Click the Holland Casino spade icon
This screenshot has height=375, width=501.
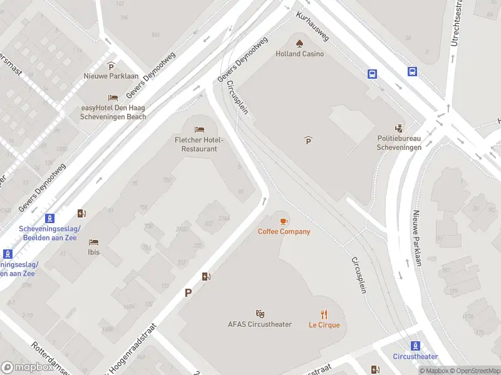coord(299,43)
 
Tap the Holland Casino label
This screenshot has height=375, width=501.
coord(300,54)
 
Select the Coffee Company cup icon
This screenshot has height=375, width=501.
coord(284,221)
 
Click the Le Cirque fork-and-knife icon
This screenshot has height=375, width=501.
coord(324,314)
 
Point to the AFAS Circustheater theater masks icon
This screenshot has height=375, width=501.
coord(260,314)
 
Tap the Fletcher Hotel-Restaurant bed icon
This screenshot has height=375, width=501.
coord(199,129)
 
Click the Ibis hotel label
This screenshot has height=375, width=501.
coord(94,252)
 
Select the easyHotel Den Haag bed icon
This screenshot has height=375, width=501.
coord(113,97)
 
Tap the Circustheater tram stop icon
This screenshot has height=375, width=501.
coord(415,346)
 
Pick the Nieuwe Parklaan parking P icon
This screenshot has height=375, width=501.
coord(111,66)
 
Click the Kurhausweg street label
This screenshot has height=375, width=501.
coord(312,26)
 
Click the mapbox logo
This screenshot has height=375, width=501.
coord(28,367)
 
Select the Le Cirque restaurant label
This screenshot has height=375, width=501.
coord(324,325)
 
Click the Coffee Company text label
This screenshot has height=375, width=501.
coord(284,232)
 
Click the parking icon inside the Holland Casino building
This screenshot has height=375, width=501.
coord(308,141)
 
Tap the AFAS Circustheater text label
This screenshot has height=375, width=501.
coord(259,324)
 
